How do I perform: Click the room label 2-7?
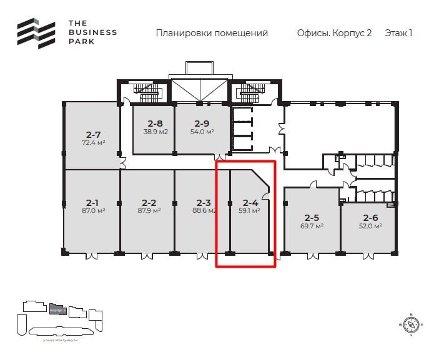(x=93, y=134)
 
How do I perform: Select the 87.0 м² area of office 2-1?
(x=92, y=211)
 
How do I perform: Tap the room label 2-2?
(x=149, y=203)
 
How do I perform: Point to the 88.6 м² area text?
(x=204, y=211)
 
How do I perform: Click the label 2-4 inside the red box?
(x=250, y=203)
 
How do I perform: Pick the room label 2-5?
(x=312, y=218)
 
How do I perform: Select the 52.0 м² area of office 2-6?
(x=370, y=226)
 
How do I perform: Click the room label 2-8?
(x=155, y=124)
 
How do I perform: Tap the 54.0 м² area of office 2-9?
(x=202, y=132)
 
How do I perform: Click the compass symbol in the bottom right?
(x=411, y=324)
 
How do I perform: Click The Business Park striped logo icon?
(x=36, y=33)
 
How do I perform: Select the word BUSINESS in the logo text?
(x=92, y=32)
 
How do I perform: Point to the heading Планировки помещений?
(x=212, y=33)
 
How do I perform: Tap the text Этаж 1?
(x=398, y=33)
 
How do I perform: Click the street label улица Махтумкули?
(x=60, y=339)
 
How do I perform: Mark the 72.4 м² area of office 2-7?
(x=93, y=142)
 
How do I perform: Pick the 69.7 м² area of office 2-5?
(x=312, y=226)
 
